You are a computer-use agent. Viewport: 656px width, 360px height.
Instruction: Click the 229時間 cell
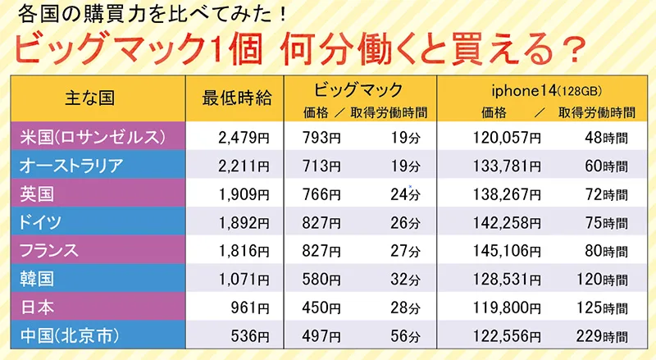pos(605,335)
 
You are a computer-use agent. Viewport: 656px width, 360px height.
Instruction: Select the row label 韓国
pos(38,278)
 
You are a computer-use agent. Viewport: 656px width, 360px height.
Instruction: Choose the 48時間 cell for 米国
pos(609,136)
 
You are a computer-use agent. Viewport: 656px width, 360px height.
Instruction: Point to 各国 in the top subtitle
pos(34,14)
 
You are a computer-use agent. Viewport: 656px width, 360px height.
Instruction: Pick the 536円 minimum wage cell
pos(250,335)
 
